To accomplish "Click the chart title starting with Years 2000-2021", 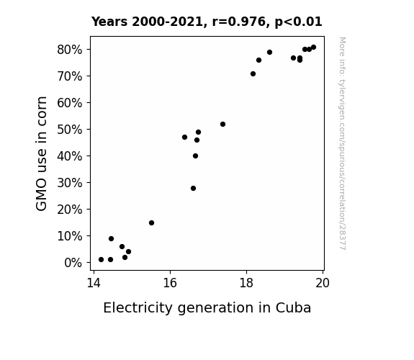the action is pos(207,22).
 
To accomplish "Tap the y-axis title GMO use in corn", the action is pos(41,153).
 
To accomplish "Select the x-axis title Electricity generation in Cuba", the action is pos(207,308).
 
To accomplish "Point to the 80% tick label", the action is pos(69,50).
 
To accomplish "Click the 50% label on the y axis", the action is pos(69,130).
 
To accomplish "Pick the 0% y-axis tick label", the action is pos(73,263).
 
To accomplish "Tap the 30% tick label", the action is pos(69,183).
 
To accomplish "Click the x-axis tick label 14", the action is pos(94,283).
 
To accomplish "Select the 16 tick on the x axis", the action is pos(170,283).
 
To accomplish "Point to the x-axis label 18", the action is pos(246,283).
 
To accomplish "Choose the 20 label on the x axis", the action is pos(323,283).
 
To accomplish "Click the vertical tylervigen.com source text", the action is pos(342,143).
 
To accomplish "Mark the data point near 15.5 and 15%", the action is pos(151,223).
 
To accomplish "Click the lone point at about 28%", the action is pos(193,189).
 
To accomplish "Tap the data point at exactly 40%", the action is pos(195,156).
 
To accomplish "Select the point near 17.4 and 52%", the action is pos(223,124).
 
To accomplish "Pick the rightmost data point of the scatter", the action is pos(314,48).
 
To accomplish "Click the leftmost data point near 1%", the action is pos(101,260).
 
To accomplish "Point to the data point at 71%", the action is pos(253,74).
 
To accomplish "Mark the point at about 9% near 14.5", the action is pos(111,239).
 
